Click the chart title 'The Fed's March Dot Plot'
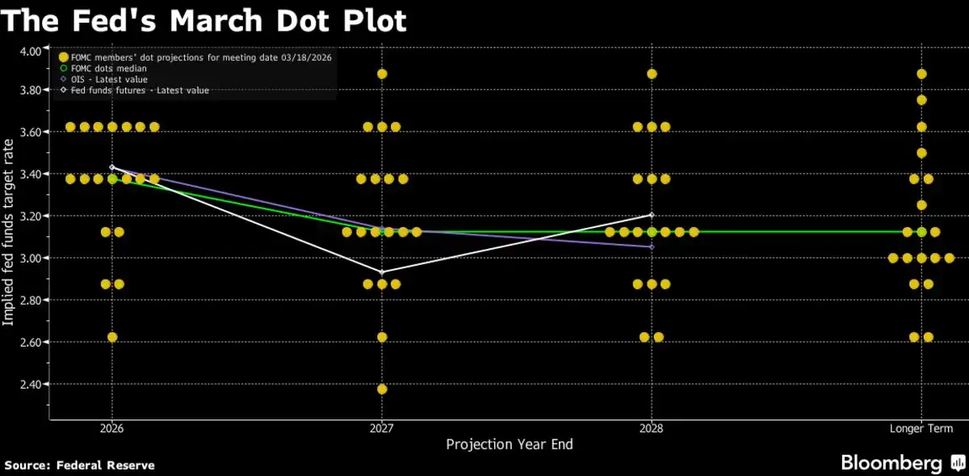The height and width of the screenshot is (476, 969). pos(203,19)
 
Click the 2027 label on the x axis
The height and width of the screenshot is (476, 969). pos(382,428)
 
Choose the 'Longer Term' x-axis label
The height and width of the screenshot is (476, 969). pos(921,428)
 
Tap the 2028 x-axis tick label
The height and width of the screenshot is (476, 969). pos(652,428)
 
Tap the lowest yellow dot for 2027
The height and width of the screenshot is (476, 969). pos(382,389)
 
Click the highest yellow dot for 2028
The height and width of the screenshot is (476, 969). pos(652,74)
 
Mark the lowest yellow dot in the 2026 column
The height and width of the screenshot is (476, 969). pos(112,337)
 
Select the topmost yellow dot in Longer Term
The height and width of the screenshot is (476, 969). pos(921,74)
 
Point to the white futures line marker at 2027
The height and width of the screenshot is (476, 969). pos(382,272)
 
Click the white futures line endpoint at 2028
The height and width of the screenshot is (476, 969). pos(652,215)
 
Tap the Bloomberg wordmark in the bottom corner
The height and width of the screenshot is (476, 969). pos(891,463)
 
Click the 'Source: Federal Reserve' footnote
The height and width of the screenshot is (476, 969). pos(80,465)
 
